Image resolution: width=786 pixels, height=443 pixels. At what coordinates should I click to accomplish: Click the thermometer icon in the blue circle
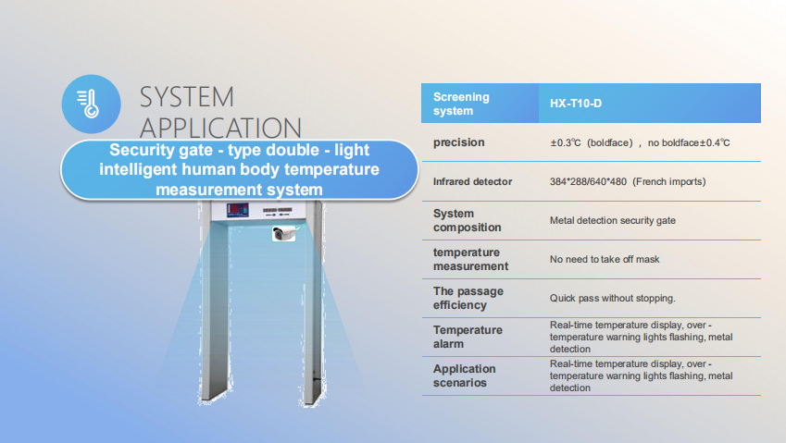pyautogui.click(x=88, y=104)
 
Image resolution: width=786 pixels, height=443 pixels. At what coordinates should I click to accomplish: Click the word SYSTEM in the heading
pyautogui.click(x=186, y=97)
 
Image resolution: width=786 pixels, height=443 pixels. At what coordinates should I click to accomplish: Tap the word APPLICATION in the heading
pyautogui.click(x=220, y=129)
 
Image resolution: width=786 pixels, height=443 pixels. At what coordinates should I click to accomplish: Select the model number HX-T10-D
pyautogui.click(x=576, y=104)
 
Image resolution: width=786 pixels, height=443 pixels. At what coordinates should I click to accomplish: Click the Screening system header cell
pyautogui.click(x=480, y=103)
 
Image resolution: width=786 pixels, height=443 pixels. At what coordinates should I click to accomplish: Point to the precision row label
pyautogui.click(x=458, y=142)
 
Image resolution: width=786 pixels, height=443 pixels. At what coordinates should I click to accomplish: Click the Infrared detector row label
pyautogui.click(x=472, y=181)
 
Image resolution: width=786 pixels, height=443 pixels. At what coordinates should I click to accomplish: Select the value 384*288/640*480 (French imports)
pyautogui.click(x=628, y=181)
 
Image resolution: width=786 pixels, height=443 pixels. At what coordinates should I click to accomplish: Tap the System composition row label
pyautogui.click(x=467, y=220)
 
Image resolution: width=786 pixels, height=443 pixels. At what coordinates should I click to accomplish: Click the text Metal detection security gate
pyautogui.click(x=613, y=220)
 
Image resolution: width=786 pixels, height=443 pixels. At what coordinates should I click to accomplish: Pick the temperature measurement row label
pyautogui.click(x=470, y=259)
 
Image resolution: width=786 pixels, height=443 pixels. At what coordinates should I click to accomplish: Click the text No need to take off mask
pyautogui.click(x=605, y=259)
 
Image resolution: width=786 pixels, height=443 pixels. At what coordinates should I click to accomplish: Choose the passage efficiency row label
pyautogui.click(x=468, y=298)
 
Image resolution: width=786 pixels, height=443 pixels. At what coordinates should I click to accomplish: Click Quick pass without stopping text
pyautogui.click(x=613, y=299)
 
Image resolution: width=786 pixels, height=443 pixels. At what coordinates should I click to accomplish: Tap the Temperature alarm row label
pyautogui.click(x=468, y=337)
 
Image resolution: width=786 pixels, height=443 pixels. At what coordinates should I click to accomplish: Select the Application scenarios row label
pyautogui.click(x=464, y=375)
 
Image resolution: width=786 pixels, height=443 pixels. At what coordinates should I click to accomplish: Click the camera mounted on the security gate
pyautogui.click(x=283, y=233)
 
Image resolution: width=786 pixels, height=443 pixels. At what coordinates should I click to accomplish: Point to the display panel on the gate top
pyautogui.click(x=238, y=210)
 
